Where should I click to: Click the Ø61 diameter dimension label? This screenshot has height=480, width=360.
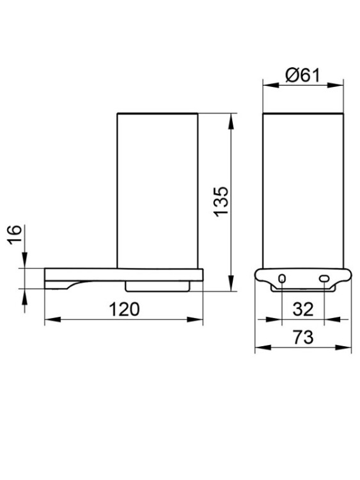pos(302,76)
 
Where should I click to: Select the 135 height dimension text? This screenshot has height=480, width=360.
pos(221,202)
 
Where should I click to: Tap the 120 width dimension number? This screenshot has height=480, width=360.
pos(124,309)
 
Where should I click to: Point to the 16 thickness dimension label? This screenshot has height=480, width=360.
pos(15,234)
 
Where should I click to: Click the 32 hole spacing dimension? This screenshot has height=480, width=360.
pos(303,309)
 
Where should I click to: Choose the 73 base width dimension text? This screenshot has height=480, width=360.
pos(303,337)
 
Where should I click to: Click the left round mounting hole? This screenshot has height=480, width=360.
pos(283,278)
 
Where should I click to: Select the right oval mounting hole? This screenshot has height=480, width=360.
pos(324,278)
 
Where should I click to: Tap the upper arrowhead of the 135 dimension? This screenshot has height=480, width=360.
pos(231,121)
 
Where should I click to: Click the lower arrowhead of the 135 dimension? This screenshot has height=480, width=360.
pos(231,283)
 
